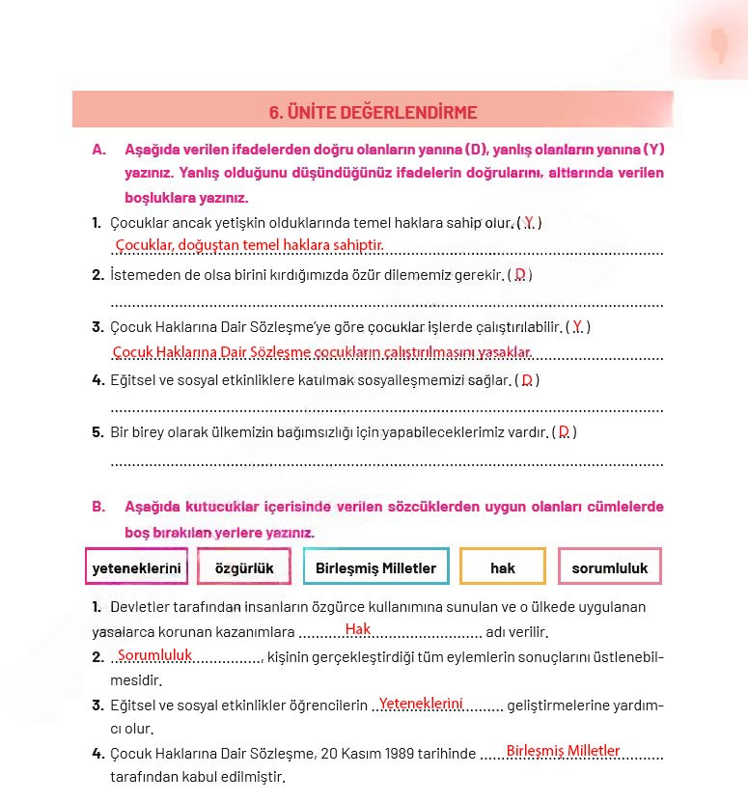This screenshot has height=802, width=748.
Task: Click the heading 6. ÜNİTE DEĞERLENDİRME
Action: pyautogui.click(x=373, y=112)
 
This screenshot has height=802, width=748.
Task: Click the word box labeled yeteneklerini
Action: pyautogui.click(x=136, y=567)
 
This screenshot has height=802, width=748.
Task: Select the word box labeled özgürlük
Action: pyautogui.click(x=243, y=567)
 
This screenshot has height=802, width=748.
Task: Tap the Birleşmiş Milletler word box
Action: pyautogui.click(x=375, y=567)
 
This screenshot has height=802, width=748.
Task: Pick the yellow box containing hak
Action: pyautogui.click(x=502, y=567)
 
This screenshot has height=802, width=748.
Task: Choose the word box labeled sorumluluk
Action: pyautogui.click(x=609, y=567)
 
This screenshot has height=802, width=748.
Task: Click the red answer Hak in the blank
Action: pyautogui.click(x=357, y=629)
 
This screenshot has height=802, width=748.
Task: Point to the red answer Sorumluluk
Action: pyautogui.click(x=154, y=655)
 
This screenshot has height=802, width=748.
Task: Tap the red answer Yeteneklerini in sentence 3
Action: pyautogui.click(x=421, y=704)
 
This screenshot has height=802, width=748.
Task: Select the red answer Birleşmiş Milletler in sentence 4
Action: pyautogui.click(x=563, y=750)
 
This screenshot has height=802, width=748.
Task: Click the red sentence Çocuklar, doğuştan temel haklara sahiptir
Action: pyautogui.click(x=249, y=245)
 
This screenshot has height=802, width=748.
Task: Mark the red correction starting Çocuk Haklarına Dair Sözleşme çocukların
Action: pyautogui.click(x=321, y=352)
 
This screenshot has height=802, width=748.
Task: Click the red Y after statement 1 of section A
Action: pyautogui.click(x=528, y=222)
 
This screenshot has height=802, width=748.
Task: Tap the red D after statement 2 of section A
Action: pyautogui.click(x=519, y=274)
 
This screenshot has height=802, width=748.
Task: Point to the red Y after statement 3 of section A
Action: pyautogui.click(x=576, y=327)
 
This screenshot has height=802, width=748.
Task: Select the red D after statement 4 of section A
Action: pyautogui.click(x=527, y=380)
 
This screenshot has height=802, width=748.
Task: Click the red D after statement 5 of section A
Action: pyautogui.click(x=564, y=431)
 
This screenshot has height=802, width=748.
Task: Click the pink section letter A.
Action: pyautogui.click(x=97, y=150)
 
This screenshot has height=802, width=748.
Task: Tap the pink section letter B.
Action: pyautogui.click(x=97, y=507)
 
